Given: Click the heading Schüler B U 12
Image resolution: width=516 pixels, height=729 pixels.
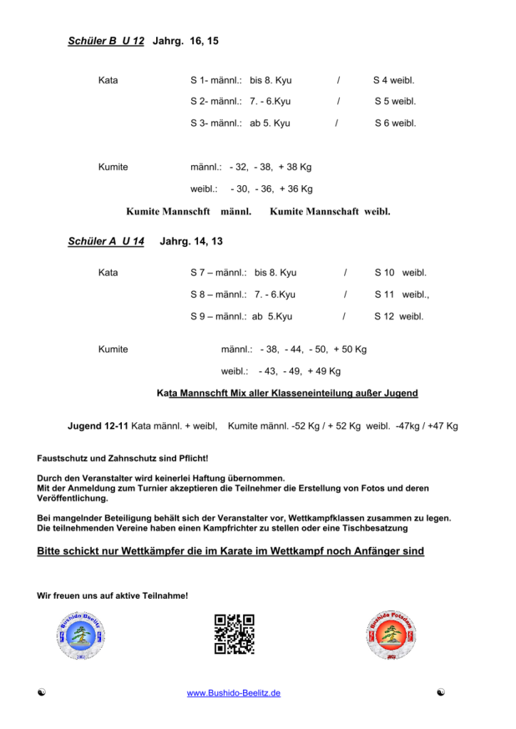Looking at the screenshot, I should tap(105, 41).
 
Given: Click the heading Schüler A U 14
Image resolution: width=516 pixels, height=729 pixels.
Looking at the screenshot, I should tap(105, 241).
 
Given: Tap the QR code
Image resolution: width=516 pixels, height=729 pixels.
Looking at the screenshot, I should tap(234, 634).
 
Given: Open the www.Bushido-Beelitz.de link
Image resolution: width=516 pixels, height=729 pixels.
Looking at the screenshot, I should tap(233, 693).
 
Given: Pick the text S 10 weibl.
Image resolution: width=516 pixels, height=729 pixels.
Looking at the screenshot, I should tap(400, 273).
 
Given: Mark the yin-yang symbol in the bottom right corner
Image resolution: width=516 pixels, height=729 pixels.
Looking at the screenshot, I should tap(443, 693).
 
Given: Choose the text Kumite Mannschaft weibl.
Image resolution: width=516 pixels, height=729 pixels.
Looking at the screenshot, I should tap(330, 211).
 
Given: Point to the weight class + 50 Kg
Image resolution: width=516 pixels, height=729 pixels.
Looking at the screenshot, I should tap(350, 350).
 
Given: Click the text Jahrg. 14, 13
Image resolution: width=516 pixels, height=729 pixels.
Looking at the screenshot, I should tap(192, 241).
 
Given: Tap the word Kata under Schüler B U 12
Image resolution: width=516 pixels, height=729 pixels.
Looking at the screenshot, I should tap(108, 80).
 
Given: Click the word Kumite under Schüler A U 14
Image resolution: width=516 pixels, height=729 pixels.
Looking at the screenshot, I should tap(113, 350).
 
